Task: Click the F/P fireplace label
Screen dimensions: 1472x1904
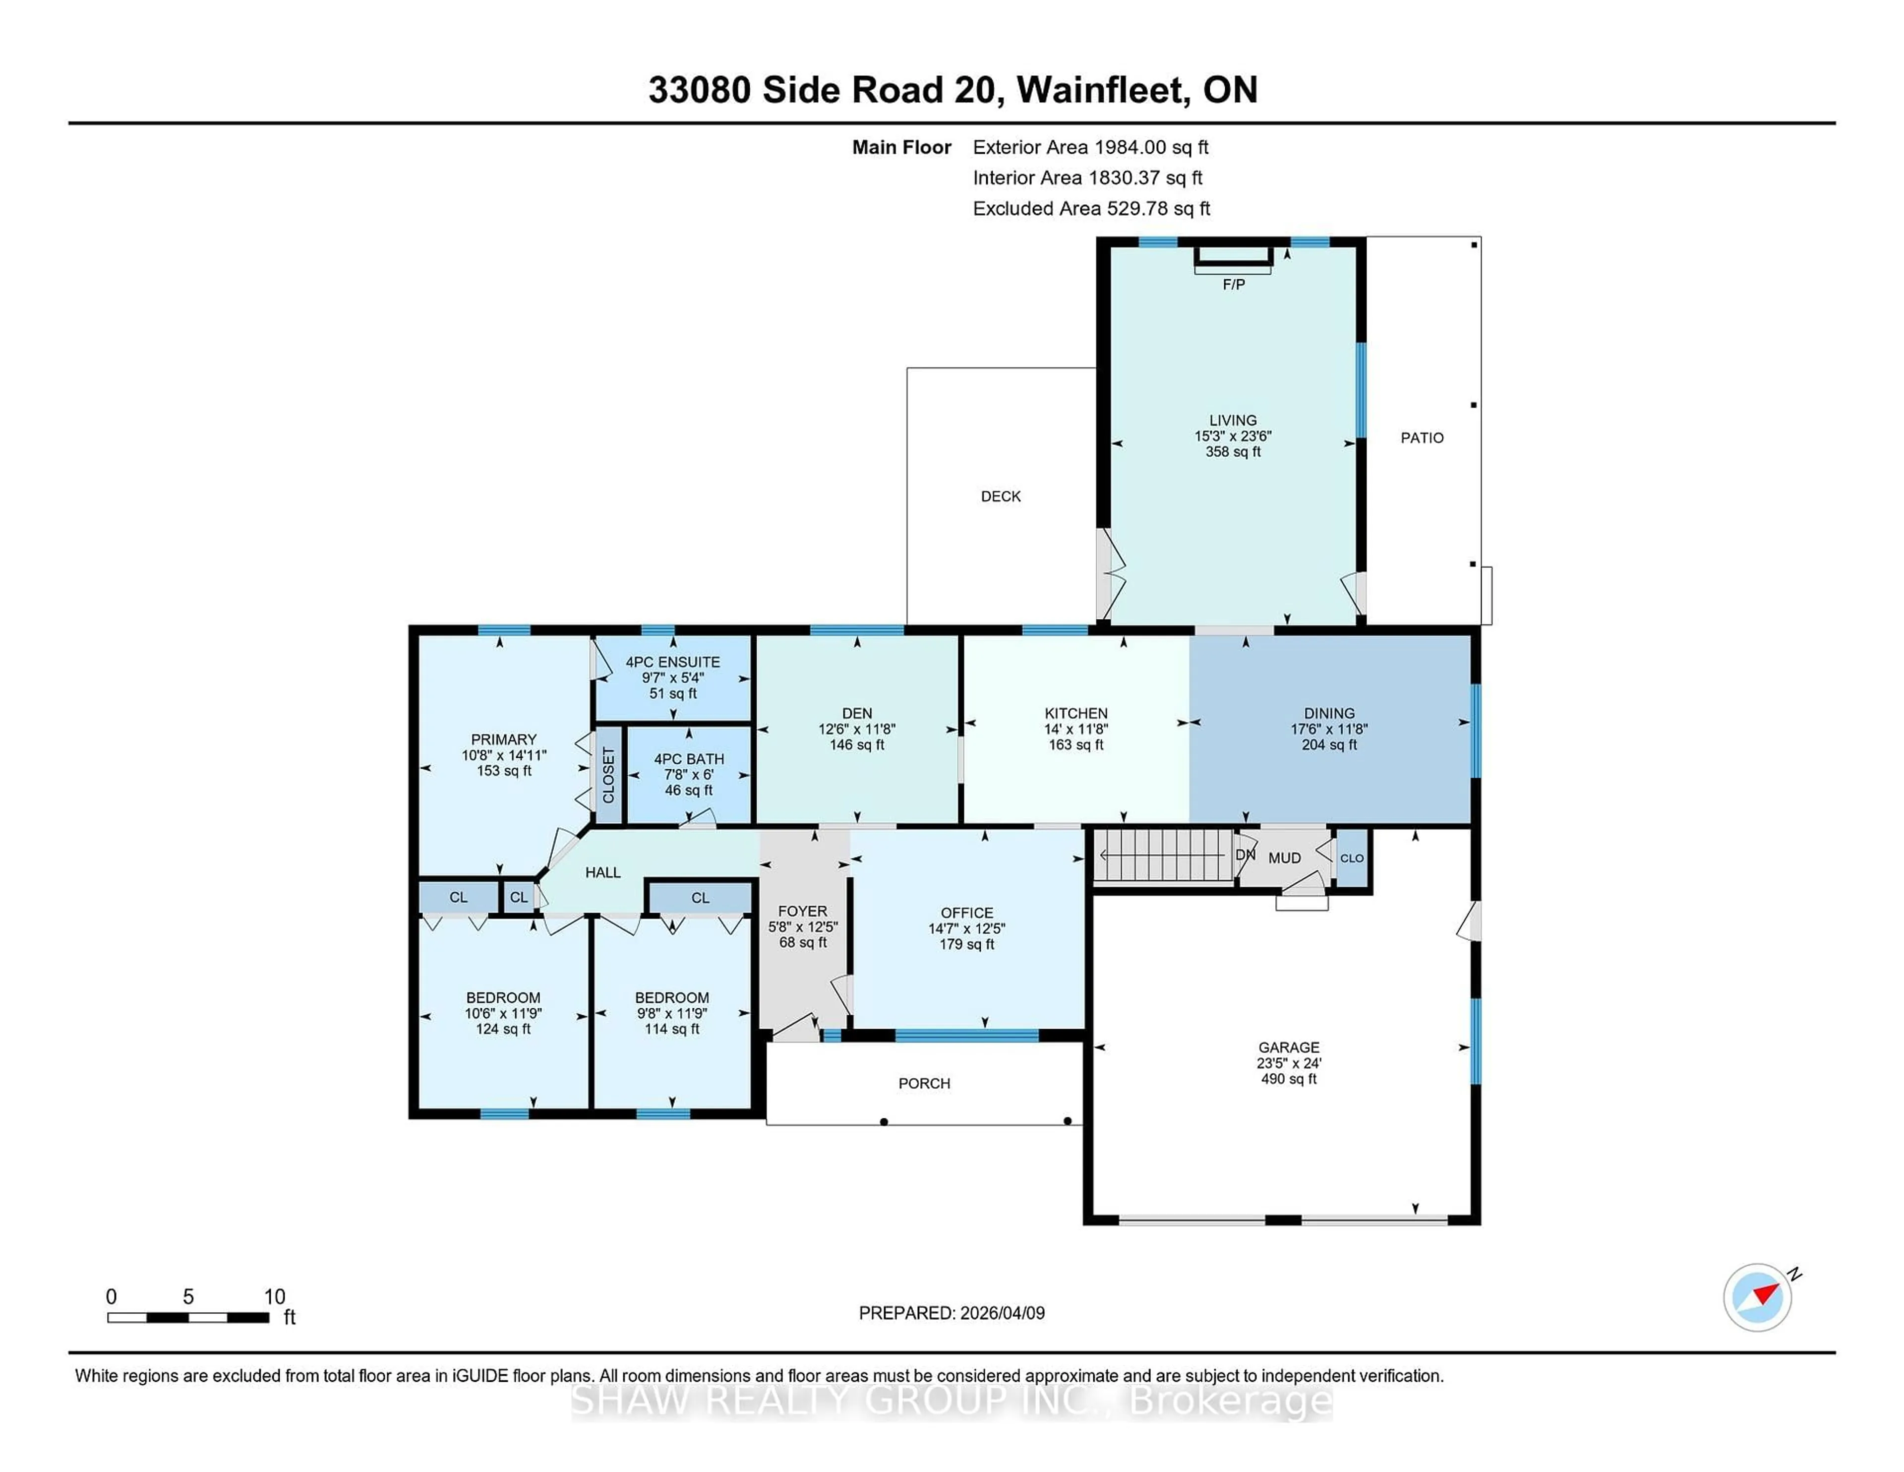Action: [x=1233, y=284]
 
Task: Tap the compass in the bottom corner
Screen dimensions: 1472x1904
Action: [x=1757, y=1297]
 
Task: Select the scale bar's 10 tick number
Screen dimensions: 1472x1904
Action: [x=275, y=1297]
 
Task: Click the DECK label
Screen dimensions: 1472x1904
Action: [x=1000, y=496]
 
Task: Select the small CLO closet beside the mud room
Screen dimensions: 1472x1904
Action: [x=1351, y=858]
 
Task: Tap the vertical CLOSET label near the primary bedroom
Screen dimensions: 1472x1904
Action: [x=608, y=775]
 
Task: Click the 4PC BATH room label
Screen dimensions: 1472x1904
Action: [x=689, y=759]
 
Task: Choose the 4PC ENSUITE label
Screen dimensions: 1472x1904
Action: [x=672, y=662]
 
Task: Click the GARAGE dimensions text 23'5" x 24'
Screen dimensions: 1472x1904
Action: [x=1289, y=1063]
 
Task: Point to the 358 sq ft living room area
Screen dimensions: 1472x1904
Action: [x=1233, y=452]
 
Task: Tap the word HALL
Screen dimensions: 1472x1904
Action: [x=602, y=872]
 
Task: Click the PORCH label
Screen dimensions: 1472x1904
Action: [x=924, y=1083]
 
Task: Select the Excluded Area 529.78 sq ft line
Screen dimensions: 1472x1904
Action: [x=1091, y=208]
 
